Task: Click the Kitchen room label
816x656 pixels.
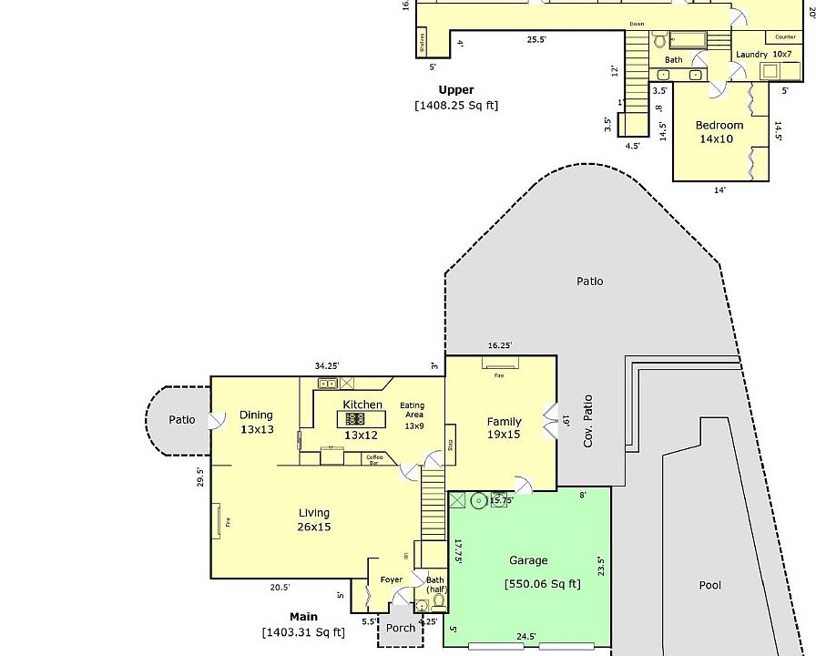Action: click(362, 405)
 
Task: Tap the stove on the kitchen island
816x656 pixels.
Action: click(353, 419)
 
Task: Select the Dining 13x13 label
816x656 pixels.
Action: click(257, 422)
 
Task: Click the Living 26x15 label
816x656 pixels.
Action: click(313, 519)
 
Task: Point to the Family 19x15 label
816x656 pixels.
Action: click(504, 428)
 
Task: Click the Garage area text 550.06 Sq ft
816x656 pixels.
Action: click(542, 584)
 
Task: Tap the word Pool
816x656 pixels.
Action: click(709, 585)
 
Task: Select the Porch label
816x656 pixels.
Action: click(401, 628)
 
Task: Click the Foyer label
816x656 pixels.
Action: click(391, 580)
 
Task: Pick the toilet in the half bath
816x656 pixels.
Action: click(421, 605)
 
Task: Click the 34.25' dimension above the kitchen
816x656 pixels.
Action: click(327, 366)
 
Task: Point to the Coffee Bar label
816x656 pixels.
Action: click(374, 459)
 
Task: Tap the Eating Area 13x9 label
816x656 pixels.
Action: click(413, 415)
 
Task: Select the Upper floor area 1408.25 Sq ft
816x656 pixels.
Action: click(456, 105)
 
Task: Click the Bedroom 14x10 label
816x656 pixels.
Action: click(719, 132)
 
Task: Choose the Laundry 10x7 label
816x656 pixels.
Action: click(763, 55)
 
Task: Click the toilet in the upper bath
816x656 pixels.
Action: click(658, 40)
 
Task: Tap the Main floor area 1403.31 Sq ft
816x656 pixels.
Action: click(303, 631)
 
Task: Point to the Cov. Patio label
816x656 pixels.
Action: click(588, 420)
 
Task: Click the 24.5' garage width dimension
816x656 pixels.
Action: click(525, 637)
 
